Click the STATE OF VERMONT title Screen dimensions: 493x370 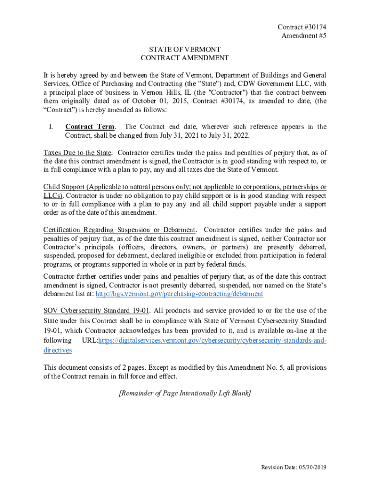pyautogui.click(x=185, y=50)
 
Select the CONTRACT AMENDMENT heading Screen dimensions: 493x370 pyautogui.click(x=185, y=58)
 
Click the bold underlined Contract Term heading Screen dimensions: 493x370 pyautogui.click(x=90, y=127)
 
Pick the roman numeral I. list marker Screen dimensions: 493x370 pyautogui.click(x=50, y=127)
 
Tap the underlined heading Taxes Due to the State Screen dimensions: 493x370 pyautogui.click(x=77, y=153)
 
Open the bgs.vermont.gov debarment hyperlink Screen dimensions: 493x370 pyautogui.click(x=179, y=294)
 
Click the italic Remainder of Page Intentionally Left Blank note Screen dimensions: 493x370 pyautogui.click(x=185, y=393)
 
